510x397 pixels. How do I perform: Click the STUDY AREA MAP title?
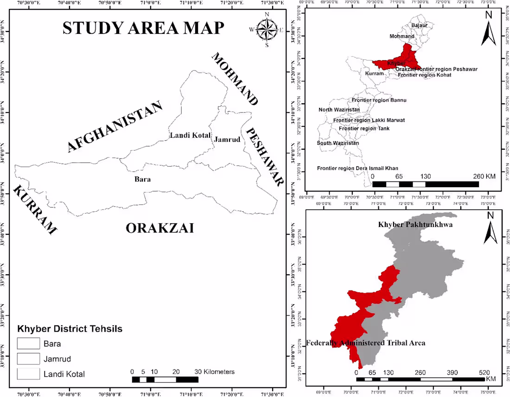pos(143,28)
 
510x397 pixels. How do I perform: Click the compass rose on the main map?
pos(267,30)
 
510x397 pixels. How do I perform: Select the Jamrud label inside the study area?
pos(227,139)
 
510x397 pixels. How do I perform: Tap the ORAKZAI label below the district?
pos(159,228)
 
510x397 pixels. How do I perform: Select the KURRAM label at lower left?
pos(35,210)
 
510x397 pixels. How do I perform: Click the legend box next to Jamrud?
pos(29,359)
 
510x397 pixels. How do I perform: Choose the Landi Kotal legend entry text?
pos(64,374)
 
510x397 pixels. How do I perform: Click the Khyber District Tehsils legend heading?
pos(70,329)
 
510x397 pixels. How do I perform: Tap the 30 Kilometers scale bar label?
pos(214,372)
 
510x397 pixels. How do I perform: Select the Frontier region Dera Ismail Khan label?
pos(357,168)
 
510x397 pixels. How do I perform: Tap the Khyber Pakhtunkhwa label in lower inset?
pos(415,225)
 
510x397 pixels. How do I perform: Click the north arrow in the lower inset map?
pos(490,228)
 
